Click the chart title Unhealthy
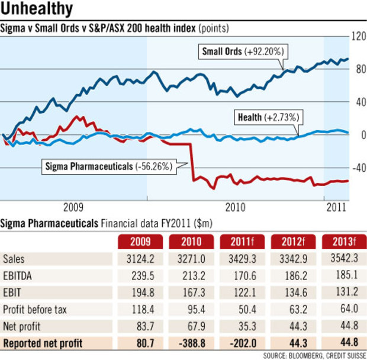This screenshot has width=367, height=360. click(x=37, y=9)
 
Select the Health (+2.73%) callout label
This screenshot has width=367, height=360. click(x=265, y=117)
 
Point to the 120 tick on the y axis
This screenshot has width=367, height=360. click(x=358, y=36)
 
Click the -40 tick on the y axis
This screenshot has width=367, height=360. click(x=358, y=168)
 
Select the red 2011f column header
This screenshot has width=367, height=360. click(x=240, y=242)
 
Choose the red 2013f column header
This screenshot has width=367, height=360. click(x=342, y=242)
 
